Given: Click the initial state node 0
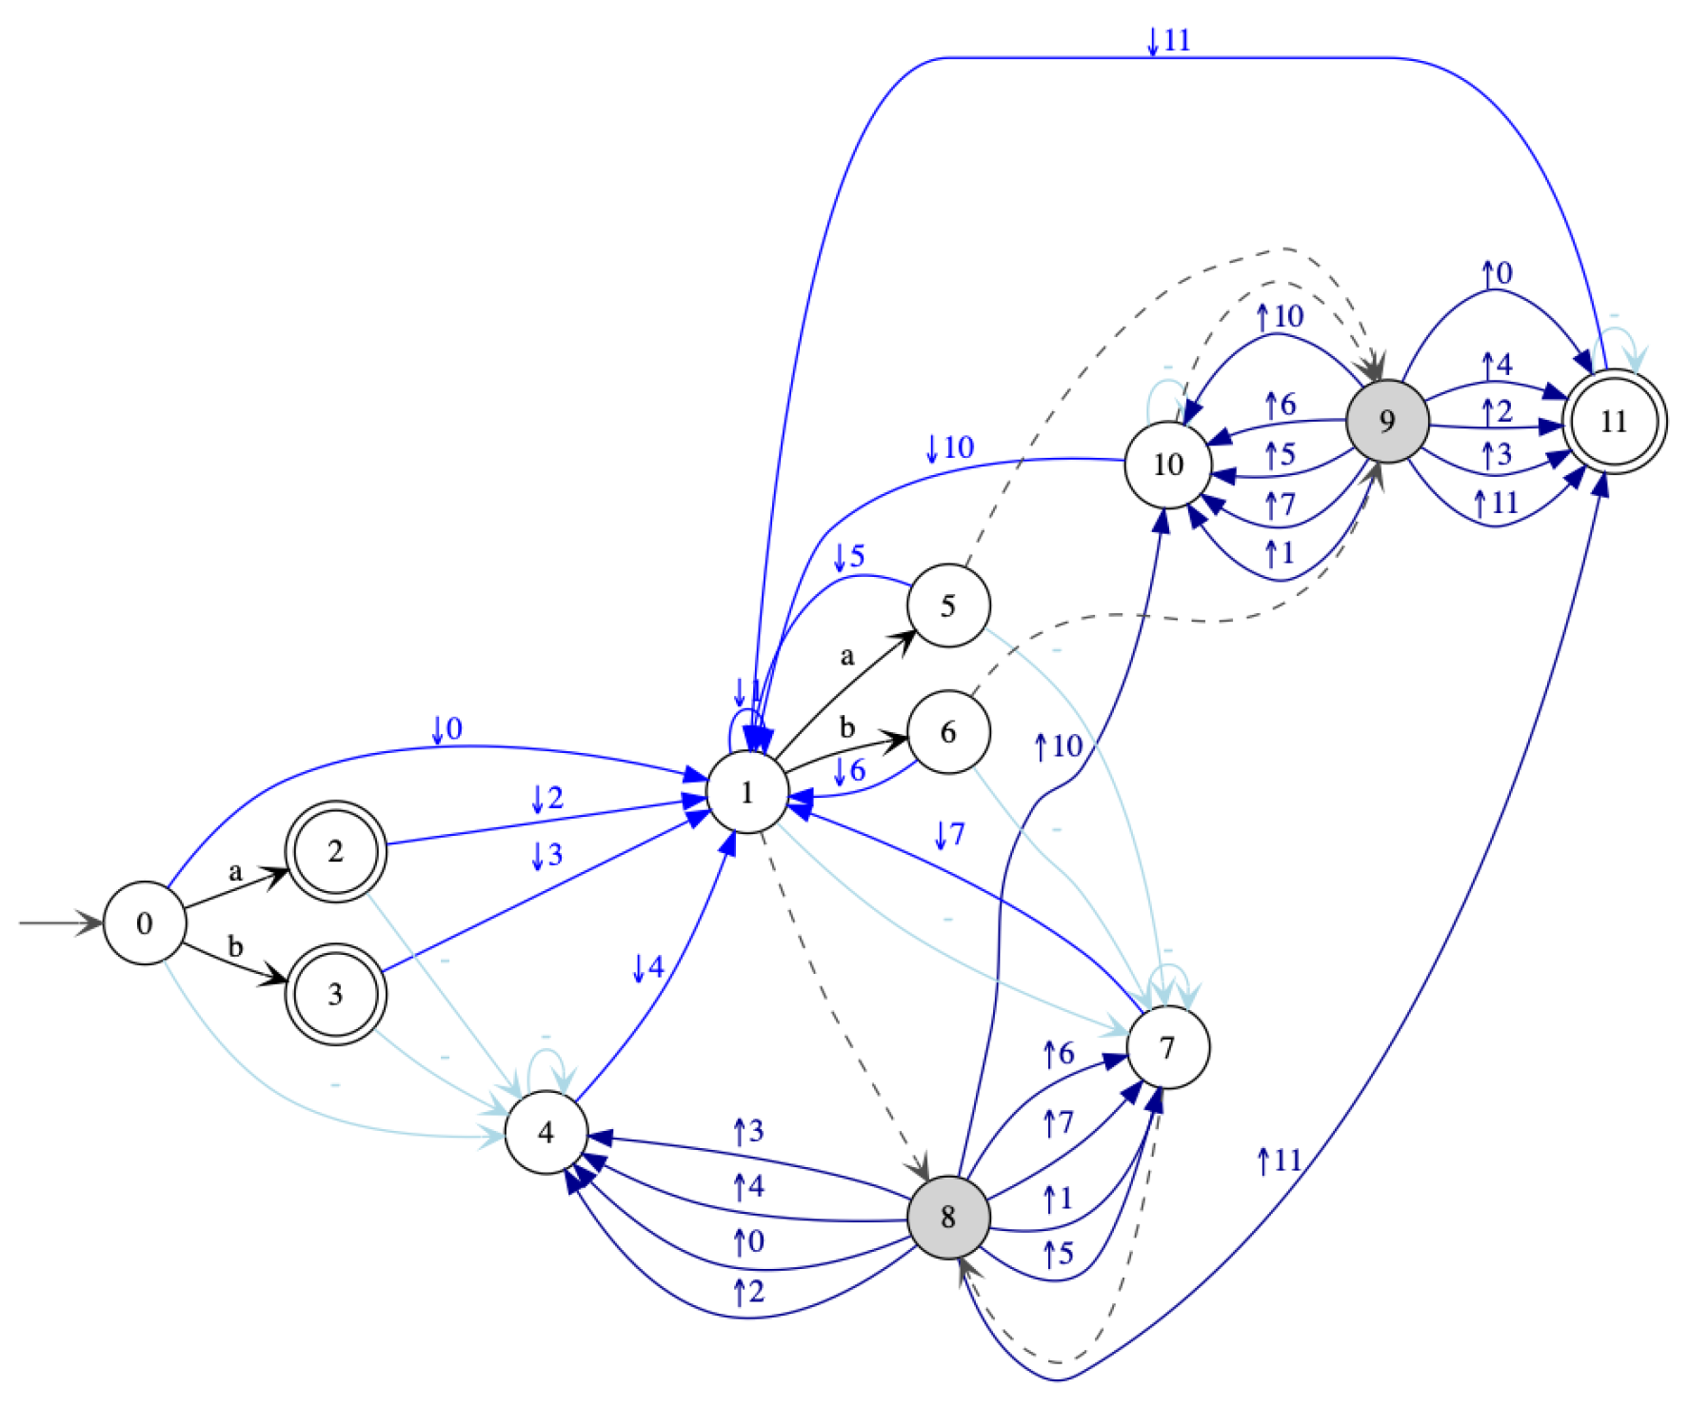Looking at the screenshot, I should click(x=144, y=923).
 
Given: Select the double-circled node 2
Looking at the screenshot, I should click(x=335, y=851).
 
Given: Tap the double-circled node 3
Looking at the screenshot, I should click(x=335, y=994).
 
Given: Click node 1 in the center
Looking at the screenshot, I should click(x=747, y=792).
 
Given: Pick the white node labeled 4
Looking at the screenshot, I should click(x=546, y=1132).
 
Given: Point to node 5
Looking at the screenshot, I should click(x=948, y=605).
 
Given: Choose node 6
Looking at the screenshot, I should click(x=948, y=732).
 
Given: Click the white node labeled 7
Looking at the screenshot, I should click(x=1168, y=1047).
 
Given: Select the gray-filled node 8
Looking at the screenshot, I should click(x=948, y=1217).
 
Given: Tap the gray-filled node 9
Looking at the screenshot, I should click(x=1387, y=421).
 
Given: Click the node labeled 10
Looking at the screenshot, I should click(x=1168, y=465).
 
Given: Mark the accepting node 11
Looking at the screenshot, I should click(x=1614, y=421).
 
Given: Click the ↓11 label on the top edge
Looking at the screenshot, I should click(x=1168, y=40).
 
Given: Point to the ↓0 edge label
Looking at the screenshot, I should click(x=447, y=729).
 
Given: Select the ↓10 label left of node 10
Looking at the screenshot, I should click(x=949, y=447).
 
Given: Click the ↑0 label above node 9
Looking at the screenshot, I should click(x=1497, y=273).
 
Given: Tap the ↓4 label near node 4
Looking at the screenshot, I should click(x=647, y=968).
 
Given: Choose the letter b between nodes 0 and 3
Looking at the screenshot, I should click(x=235, y=947).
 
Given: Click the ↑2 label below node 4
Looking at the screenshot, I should click(x=748, y=1292).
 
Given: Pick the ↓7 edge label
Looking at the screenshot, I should click(x=949, y=835).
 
